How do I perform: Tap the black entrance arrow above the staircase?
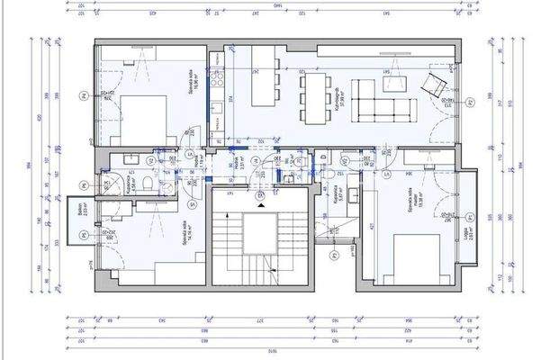260,205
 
